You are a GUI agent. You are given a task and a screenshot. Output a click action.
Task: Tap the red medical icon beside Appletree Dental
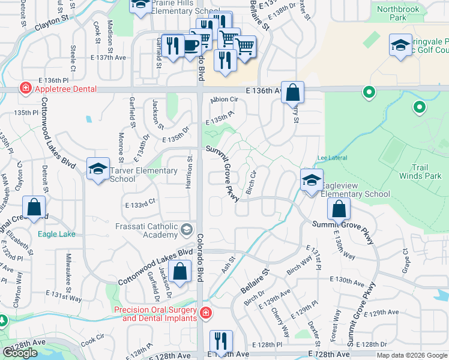click(x=25, y=89)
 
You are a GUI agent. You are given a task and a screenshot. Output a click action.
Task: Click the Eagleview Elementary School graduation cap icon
click(x=312, y=180)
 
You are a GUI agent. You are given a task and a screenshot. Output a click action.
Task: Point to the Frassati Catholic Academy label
click(x=146, y=230)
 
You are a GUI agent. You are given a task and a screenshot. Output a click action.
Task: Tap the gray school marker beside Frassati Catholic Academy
click(x=186, y=228)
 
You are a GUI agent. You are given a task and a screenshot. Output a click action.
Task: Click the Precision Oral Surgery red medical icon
click(x=205, y=313)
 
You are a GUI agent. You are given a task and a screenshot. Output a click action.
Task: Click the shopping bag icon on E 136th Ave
click(x=292, y=93)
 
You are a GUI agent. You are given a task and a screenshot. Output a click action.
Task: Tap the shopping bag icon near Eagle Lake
click(x=35, y=208)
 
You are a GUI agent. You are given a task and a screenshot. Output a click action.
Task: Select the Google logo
click(x=20, y=353)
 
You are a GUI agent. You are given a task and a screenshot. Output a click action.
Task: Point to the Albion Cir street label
click(x=225, y=100)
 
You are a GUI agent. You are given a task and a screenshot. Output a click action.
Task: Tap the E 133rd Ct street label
click(x=140, y=205)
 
